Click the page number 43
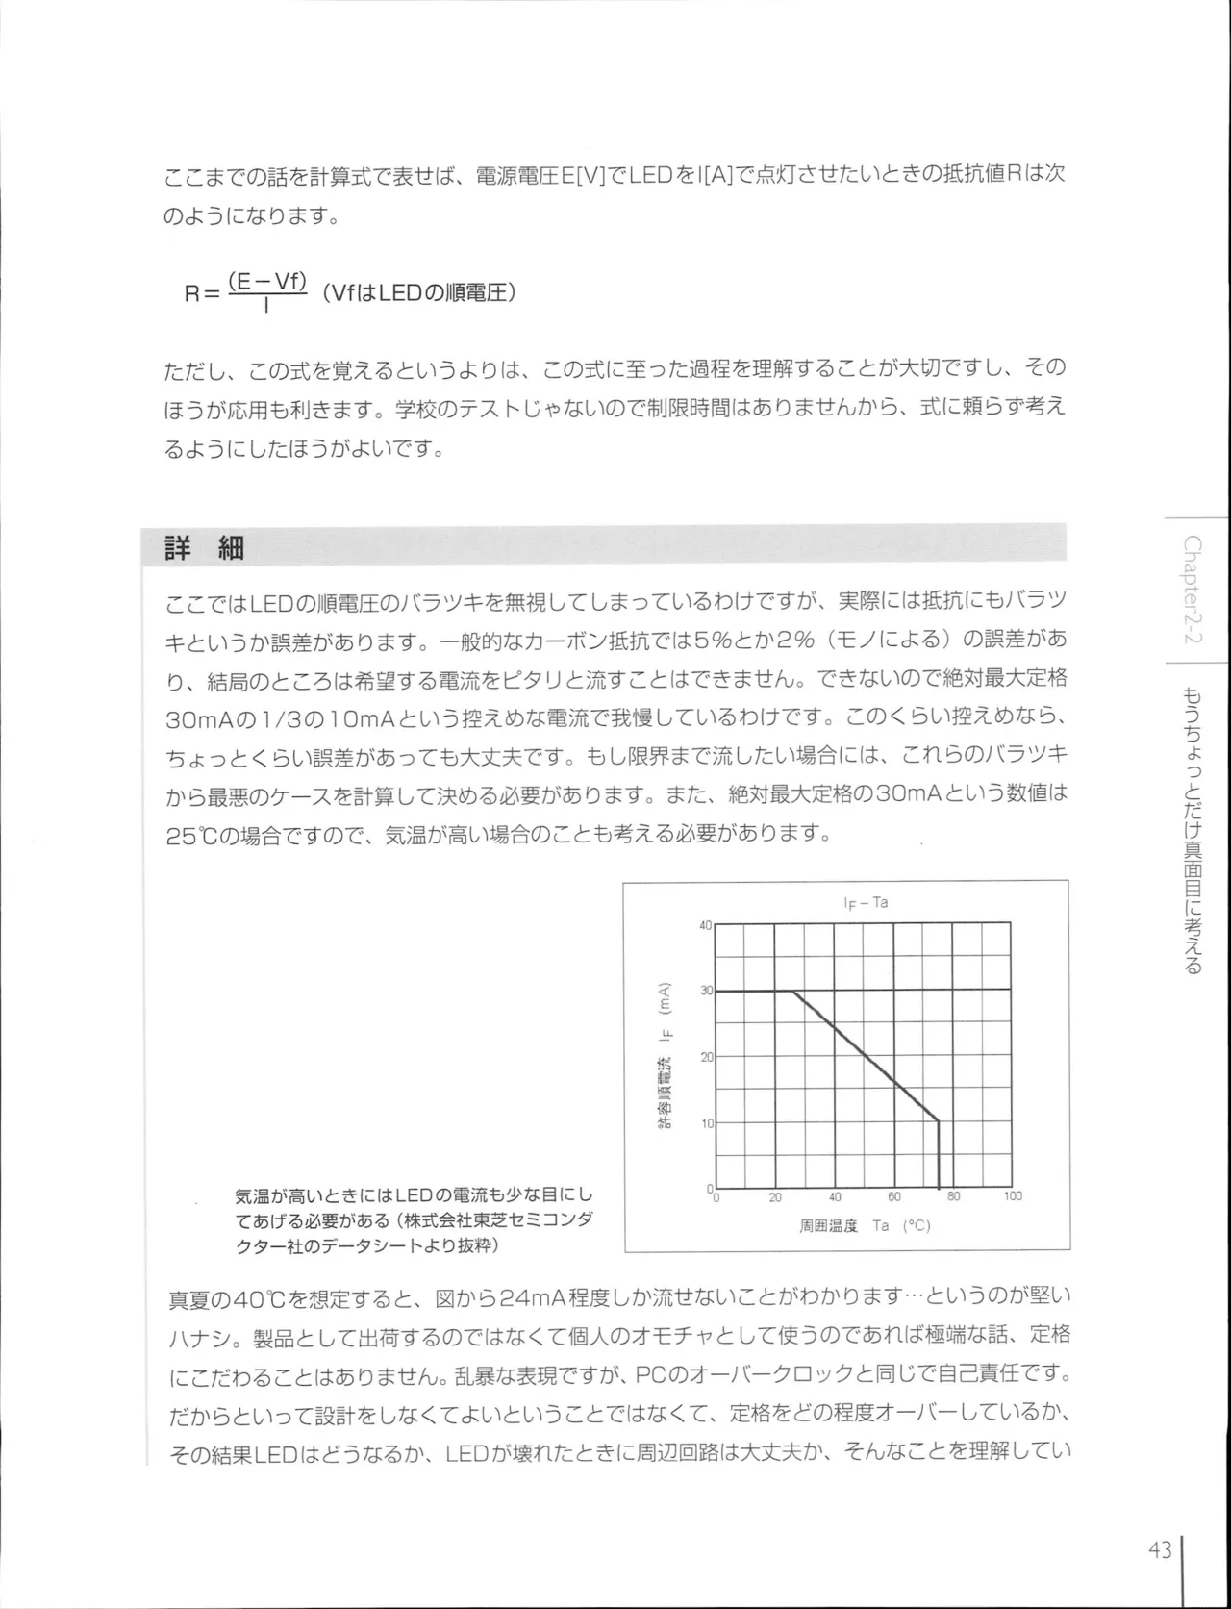click(1159, 1550)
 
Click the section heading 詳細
click(205, 548)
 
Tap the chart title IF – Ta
click(865, 903)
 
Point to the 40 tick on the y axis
click(705, 925)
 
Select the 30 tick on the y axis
click(706, 990)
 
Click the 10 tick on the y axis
click(707, 1122)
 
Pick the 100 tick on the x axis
click(1013, 1196)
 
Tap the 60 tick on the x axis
click(894, 1196)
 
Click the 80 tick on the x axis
click(953, 1196)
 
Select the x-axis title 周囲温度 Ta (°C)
click(865, 1226)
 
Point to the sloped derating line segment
click(866, 1056)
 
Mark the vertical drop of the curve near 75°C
click(938, 1154)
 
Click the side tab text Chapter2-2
click(1193, 591)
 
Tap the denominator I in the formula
click(265, 306)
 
